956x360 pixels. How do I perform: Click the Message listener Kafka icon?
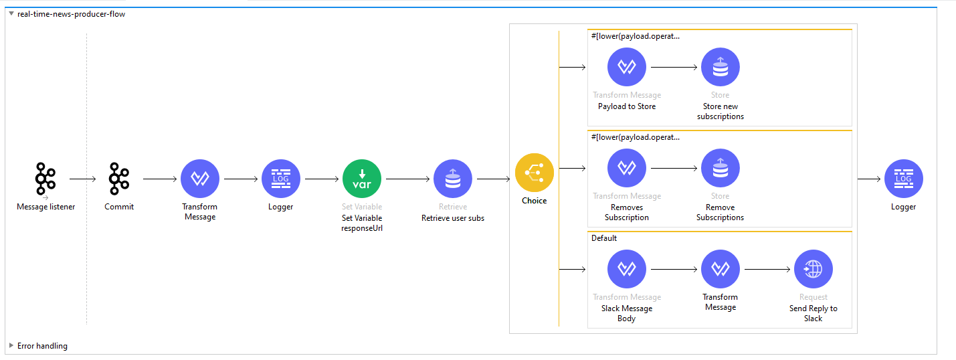click(x=45, y=179)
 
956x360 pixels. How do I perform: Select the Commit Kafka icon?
click(x=119, y=179)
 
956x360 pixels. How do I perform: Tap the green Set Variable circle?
click(x=362, y=179)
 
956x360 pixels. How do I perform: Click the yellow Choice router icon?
click(x=535, y=173)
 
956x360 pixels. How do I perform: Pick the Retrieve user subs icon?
click(x=453, y=179)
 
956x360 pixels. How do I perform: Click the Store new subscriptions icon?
click(x=721, y=67)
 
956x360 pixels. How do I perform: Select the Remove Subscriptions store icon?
click(x=721, y=168)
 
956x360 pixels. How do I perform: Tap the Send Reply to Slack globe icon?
click(x=814, y=269)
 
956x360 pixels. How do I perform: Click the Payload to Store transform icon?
click(x=627, y=67)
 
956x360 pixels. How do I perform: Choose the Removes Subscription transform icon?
click(x=627, y=168)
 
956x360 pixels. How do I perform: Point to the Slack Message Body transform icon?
click(x=627, y=269)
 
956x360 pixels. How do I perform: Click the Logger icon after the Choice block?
click(x=904, y=179)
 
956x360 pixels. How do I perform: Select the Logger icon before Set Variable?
click(x=281, y=179)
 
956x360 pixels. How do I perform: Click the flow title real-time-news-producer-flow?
click(x=71, y=14)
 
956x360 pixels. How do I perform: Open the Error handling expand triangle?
click(x=11, y=346)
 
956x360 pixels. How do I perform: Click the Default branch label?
click(x=604, y=238)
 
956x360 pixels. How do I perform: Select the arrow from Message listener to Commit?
click(x=83, y=179)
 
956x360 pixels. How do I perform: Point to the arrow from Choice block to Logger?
click(x=868, y=179)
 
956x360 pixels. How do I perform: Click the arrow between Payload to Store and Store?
click(x=674, y=67)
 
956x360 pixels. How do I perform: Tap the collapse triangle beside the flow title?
click(x=11, y=13)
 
